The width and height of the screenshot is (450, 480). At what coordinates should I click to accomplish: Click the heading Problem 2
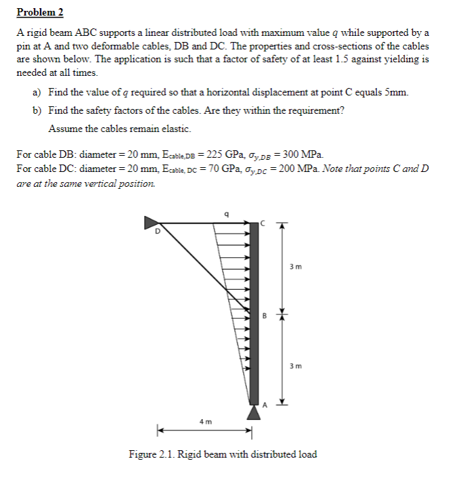tap(40, 12)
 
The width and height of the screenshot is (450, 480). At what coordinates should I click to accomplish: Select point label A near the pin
tap(265, 406)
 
